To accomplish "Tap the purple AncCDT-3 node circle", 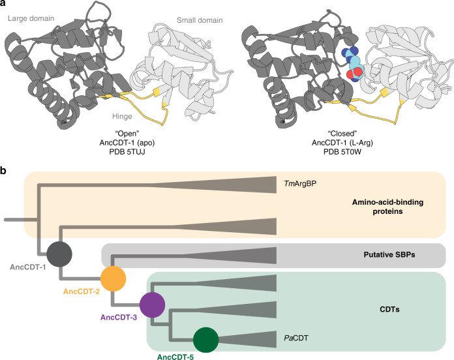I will click(151, 305).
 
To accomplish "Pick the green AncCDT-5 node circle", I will click(206, 340).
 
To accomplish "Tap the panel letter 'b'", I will click(4, 171).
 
